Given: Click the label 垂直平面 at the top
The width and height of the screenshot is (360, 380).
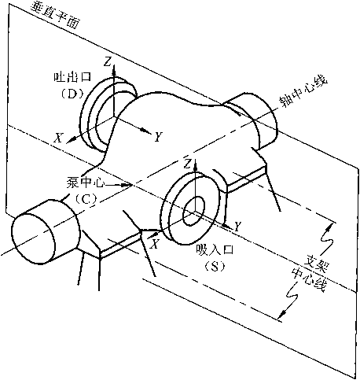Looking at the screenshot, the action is click(x=54, y=16).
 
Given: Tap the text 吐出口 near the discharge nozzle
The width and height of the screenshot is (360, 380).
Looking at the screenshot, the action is click(x=72, y=77).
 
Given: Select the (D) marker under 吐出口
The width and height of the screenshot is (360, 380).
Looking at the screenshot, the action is click(x=72, y=94).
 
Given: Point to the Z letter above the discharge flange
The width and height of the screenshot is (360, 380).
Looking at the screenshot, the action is click(x=107, y=62).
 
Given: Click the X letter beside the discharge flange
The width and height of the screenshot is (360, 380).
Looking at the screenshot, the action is click(x=58, y=137).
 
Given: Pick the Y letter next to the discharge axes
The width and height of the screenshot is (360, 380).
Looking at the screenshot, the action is click(x=159, y=137).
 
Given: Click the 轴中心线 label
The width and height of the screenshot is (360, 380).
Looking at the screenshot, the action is click(x=303, y=90).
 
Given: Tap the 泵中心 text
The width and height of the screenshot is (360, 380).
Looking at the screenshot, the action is click(x=85, y=183).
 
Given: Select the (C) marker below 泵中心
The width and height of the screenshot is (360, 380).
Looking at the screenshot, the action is click(x=86, y=200).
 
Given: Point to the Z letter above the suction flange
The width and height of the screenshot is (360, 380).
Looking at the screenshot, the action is click(x=187, y=164).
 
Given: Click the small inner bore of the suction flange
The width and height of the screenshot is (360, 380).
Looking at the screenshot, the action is click(x=194, y=211).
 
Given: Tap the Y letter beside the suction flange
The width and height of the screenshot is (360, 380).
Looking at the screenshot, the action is click(x=237, y=226).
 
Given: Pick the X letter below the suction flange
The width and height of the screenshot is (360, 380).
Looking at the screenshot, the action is click(x=155, y=244).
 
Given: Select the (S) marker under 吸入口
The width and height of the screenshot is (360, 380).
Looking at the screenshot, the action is click(x=215, y=267).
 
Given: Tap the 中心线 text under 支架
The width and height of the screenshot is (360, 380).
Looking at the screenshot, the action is click(x=309, y=281).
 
